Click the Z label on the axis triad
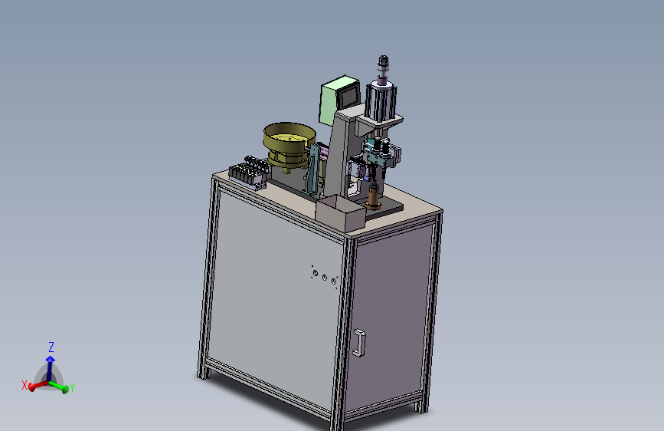point(51,347)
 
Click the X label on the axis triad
point(25,385)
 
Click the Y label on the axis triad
point(71,388)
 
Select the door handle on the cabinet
point(359,343)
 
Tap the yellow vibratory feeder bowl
point(289,145)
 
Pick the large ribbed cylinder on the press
point(381,102)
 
